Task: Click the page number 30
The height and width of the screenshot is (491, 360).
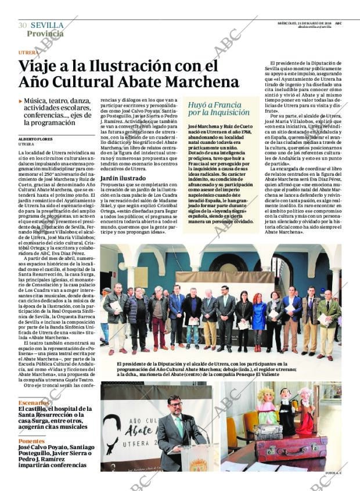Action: (23, 26)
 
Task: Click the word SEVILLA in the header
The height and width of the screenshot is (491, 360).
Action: (47, 25)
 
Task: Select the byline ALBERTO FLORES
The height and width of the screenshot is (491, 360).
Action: (35, 139)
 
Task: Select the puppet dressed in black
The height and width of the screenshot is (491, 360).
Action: (286, 412)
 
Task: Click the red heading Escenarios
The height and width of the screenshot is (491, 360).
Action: (33, 402)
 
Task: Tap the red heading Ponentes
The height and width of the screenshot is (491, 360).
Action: (31, 441)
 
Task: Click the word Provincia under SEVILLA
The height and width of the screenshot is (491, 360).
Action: (45, 34)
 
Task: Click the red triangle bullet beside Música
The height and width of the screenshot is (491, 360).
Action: (21, 102)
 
